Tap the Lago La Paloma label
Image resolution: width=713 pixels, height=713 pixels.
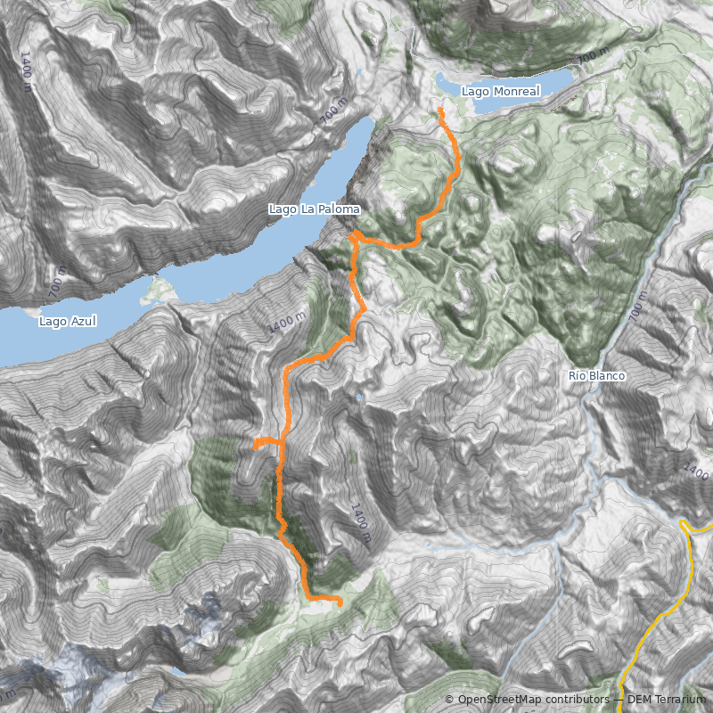(315, 209)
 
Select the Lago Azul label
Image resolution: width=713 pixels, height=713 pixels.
(68, 321)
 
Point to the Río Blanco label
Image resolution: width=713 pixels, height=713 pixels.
(596, 376)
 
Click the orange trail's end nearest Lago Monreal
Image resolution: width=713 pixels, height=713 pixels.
(441, 110)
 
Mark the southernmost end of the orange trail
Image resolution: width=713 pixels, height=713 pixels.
(340, 604)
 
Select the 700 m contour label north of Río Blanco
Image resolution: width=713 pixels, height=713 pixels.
(635, 307)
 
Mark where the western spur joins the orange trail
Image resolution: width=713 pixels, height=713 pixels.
(282, 441)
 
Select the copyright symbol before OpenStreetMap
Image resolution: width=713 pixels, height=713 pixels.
(450, 700)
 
